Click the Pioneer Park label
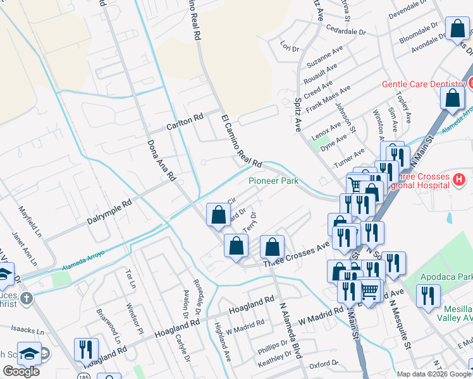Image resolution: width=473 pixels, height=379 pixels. (x=273, y=181)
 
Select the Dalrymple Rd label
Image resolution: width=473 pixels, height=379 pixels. (x=109, y=214)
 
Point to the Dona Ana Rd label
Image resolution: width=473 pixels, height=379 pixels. (x=161, y=161)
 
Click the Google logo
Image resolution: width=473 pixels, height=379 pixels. (x=21, y=371)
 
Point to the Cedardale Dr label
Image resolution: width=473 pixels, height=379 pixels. (x=345, y=30)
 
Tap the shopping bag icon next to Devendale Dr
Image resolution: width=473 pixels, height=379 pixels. (x=457, y=29)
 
